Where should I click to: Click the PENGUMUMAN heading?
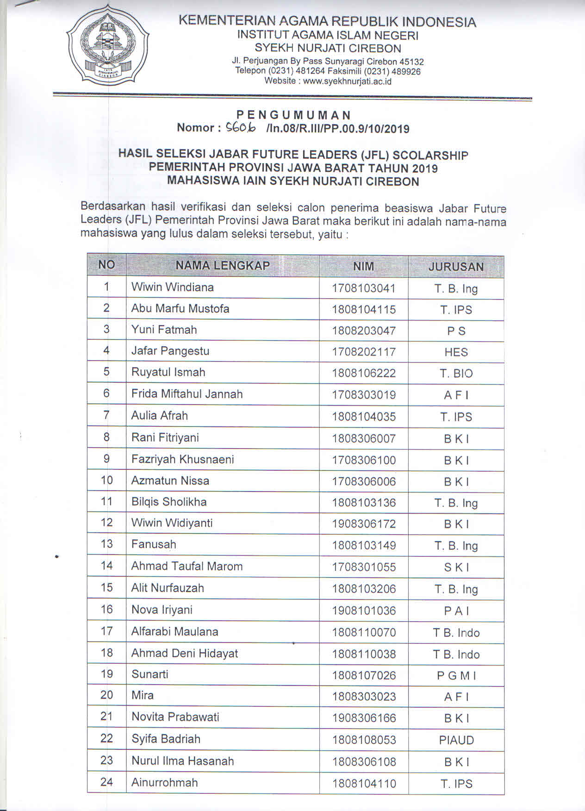[x=293, y=115]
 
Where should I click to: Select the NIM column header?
[x=363, y=266]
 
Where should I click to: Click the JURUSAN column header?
[x=456, y=267]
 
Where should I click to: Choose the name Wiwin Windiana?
[x=172, y=287]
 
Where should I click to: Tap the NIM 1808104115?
[x=364, y=310]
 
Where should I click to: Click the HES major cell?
[x=456, y=352]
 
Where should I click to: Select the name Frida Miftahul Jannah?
[x=187, y=394]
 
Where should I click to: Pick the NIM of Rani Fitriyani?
[x=364, y=438]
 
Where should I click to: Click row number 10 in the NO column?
[x=106, y=480]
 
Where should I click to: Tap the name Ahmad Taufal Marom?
[x=187, y=566]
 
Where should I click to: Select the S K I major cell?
[x=456, y=567]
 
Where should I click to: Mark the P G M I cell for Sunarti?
[x=456, y=676]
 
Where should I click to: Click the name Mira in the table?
[x=143, y=695]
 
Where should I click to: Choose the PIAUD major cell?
[x=456, y=740]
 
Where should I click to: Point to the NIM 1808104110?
[x=364, y=784]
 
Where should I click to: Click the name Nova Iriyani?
[x=162, y=610]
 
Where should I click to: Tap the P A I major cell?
[x=456, y=611]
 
